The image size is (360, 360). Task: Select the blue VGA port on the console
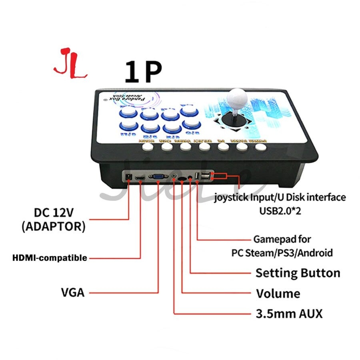[158, 176]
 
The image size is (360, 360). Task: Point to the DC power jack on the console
[129, 176]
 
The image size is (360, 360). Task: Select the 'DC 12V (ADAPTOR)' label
[53, 219]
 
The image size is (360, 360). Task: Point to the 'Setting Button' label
[298, 273]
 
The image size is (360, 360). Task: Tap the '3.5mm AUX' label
[289, 313]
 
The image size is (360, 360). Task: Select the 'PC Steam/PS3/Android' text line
[282, 253]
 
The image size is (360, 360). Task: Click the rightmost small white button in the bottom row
[260, 147]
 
